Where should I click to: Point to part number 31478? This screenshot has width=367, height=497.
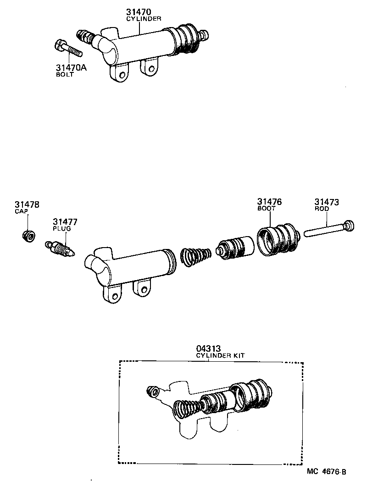coord(27,204)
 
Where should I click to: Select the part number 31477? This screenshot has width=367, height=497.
coord(65,222)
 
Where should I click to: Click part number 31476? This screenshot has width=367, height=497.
coord(269,202)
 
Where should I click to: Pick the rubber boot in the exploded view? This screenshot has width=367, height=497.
coord(277,238)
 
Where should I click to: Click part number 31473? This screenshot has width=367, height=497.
coord(327,202)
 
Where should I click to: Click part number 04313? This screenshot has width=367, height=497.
coord(209,348)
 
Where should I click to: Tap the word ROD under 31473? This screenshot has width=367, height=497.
coord(322,209)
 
